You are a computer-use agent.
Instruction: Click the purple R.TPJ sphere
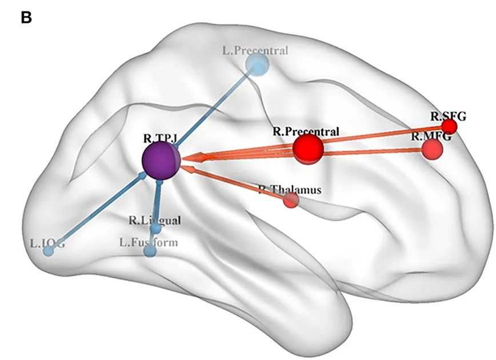click(161, 161)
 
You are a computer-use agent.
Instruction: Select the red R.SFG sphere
click(449, 126)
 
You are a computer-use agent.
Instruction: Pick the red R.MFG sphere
click(432, 149)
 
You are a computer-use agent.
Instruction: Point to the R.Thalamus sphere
click(291, 200)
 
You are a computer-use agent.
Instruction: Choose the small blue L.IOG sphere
click(49, 251)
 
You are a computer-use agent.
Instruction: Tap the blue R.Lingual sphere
click(155, 229)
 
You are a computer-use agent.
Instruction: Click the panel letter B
click(26, 18)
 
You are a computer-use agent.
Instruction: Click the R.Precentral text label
click(306, 131)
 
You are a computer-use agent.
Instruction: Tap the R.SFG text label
click(449, 116)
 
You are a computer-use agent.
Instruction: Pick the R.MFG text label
click(431, 137)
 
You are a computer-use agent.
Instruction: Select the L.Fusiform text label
click(149, 242)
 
